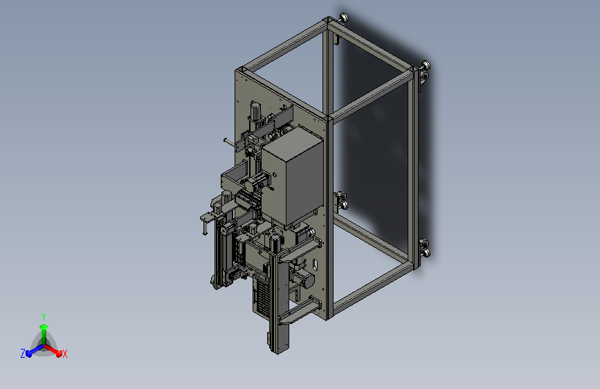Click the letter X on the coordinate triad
pyautogui.click(x=64, y=354)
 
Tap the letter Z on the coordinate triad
pyautogui.click(x=23, y=354)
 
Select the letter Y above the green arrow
pyautogui.click(x=44, y=317)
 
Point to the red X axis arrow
pyautogui.click(x=53, y=350)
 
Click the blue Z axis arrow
pyautogui.click(x=35, y=351)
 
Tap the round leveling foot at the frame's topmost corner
pyautogui.click(x=344, y=18)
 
